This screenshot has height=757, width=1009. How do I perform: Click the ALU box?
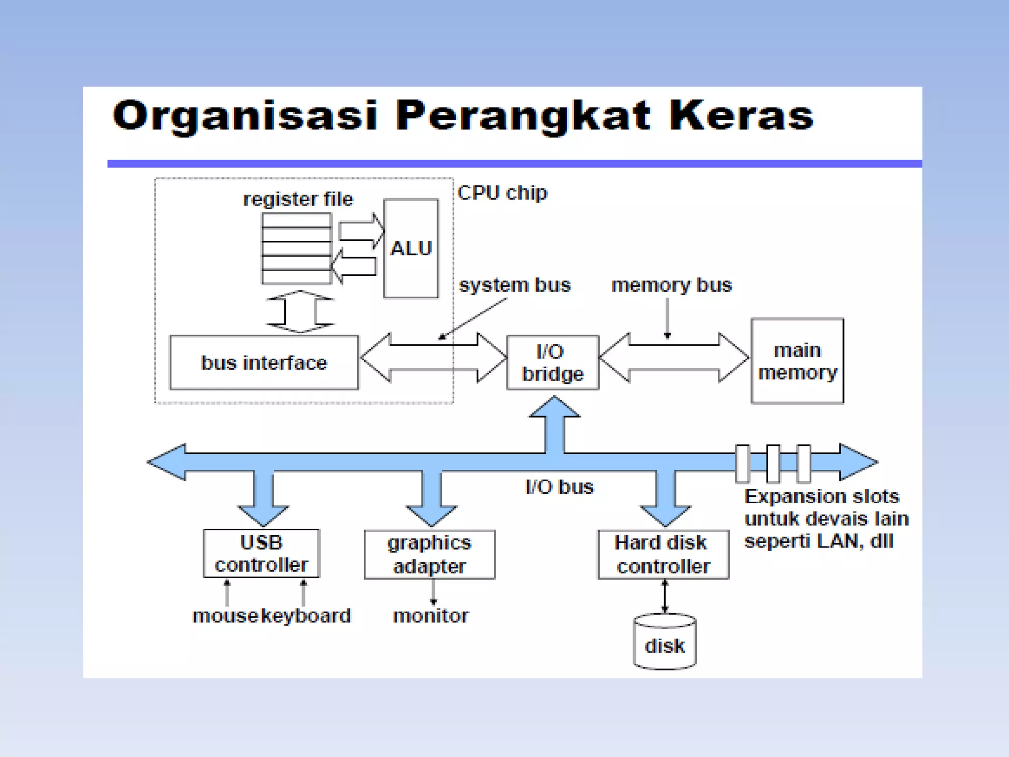pyautogui.click(x=410, y=248)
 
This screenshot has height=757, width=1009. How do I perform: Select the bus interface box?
pyautogui.click(x=264, y=363)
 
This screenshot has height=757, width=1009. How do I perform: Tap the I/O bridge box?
pyautogui.click(x=553, y=363)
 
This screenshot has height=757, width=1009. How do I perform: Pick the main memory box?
pyautogui.click(x=797, y=361)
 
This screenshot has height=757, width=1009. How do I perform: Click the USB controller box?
pyautogui.click(x=261, y=553)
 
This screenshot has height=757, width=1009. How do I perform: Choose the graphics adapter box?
pyautogui.click(x=430, y=554)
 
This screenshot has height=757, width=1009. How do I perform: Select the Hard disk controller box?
pyautogui.click(x=663, y=554)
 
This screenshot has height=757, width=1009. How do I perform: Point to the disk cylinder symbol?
pyautogui.click(x=665, y=642)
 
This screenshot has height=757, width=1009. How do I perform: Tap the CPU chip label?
pyautogui.click(x=502, y=193)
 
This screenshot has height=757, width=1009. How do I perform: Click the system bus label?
pyautogui.click(x=515, y=285)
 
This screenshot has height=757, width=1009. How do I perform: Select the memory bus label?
pyautogui.click(x=672, y=285)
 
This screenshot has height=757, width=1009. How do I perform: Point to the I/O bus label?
pyautogui.click(x=560, y=487)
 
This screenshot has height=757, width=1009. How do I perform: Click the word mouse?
pyautogui.click(x=225, y=616)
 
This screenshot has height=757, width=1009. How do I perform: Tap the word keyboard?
pyautogui.click(x=306, y=616)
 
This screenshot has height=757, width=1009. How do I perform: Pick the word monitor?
pyautogui.click(x=431, y=616)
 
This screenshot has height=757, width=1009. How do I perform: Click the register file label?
pyautogui.click(x=298, y=199)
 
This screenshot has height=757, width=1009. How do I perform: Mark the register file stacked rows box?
pyautogui.click(x=296, y=248)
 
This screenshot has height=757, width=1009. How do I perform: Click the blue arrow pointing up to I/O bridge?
pyautogui.click(x=554, y=424)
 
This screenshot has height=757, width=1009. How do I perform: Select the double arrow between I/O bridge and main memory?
pyautogui.click(x=673, y=357)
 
